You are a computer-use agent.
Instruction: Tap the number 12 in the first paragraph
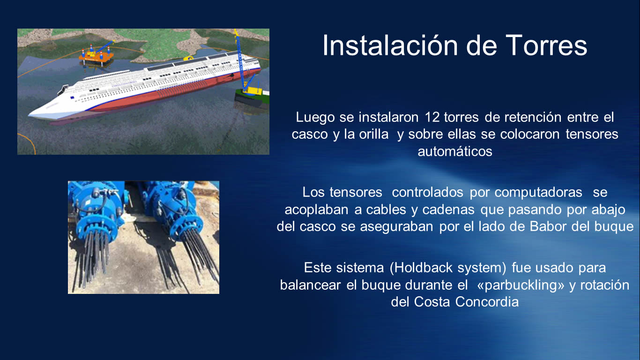[432, 117]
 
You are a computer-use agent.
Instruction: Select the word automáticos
[455, 151]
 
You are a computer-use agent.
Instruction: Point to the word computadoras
[538, 193]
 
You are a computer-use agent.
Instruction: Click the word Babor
[548, 226]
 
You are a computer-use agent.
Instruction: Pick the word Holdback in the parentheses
[424, 268]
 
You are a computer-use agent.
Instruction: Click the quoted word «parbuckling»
[521, 285]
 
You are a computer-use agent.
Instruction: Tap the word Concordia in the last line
[487, 302]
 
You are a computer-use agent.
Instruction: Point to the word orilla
[374, 135]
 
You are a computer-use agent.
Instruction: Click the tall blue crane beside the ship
[242, 60]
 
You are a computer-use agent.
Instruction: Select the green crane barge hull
[252, 100]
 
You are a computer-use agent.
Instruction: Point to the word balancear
[310, 285]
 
